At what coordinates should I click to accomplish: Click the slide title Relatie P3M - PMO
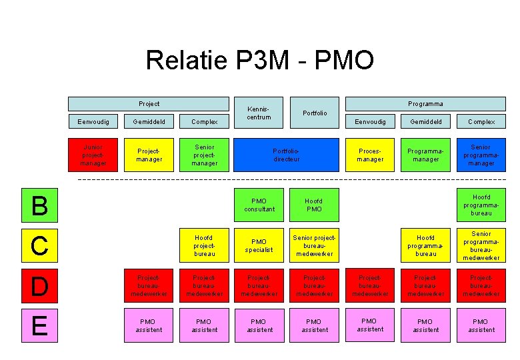coord(259,61)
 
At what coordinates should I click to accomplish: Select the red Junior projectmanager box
coord(93,155)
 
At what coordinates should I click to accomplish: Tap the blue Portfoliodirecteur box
coord(287,155)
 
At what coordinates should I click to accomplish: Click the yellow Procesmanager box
coord(370,155)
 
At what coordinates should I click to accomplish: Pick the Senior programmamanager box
coord(481,155)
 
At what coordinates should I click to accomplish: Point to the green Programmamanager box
coord(425,155)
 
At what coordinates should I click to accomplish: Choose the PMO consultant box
coord(259,205)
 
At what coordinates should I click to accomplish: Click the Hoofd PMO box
coord(314,205)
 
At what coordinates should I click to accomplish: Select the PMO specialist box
coord(259,245)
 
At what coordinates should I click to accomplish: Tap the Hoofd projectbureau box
coord(204,245)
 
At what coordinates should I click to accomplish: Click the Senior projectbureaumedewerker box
coord(314,245)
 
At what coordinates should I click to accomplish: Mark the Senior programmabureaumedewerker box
coord(481,245)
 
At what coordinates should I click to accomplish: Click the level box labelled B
coord(40,205)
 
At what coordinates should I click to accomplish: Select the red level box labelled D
coord(40,286)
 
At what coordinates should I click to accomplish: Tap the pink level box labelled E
coord(40,325)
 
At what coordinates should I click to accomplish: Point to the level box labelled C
coord(40,245)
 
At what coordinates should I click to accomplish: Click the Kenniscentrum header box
coord(259,113)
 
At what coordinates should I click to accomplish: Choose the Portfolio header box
coord(314,113)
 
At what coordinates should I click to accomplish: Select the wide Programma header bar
coord(425,104)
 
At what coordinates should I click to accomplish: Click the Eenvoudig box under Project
coord(93,122)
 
